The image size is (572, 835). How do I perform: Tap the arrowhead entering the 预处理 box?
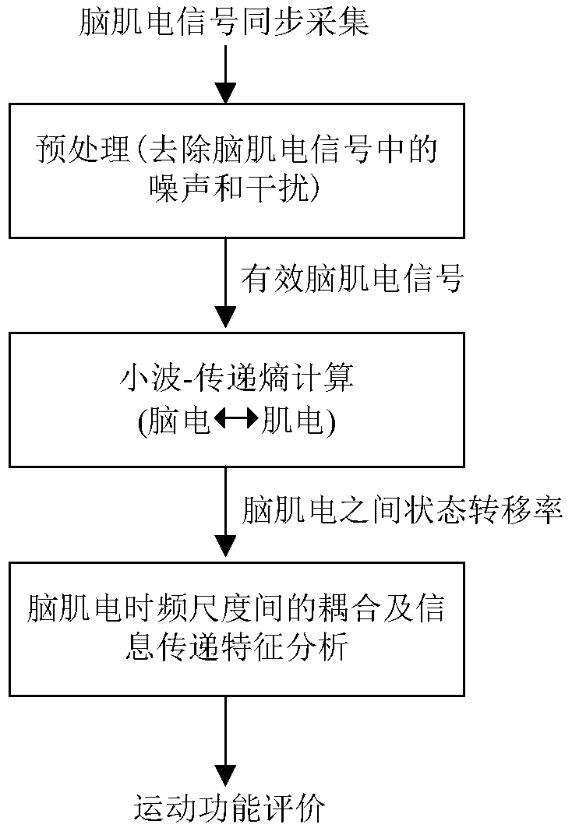225,93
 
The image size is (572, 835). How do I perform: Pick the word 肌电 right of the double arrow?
289,421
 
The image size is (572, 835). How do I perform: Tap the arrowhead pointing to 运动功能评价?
225,775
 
